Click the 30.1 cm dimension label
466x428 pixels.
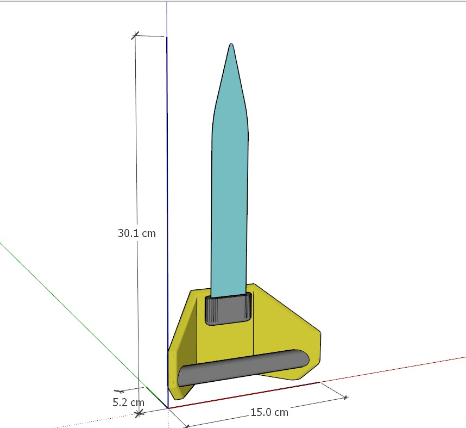pos(136,233)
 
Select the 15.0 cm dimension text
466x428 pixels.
pos(269,412)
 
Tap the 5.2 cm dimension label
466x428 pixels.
pos(129,403)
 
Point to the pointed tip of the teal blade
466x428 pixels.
pos(231,45)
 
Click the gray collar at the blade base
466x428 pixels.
pos(228,309)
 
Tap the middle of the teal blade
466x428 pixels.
pos(230,190)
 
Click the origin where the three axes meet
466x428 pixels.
pos(168,407)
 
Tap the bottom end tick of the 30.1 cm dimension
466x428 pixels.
pos(139,413)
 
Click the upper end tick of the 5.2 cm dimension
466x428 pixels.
pos(119,391)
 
